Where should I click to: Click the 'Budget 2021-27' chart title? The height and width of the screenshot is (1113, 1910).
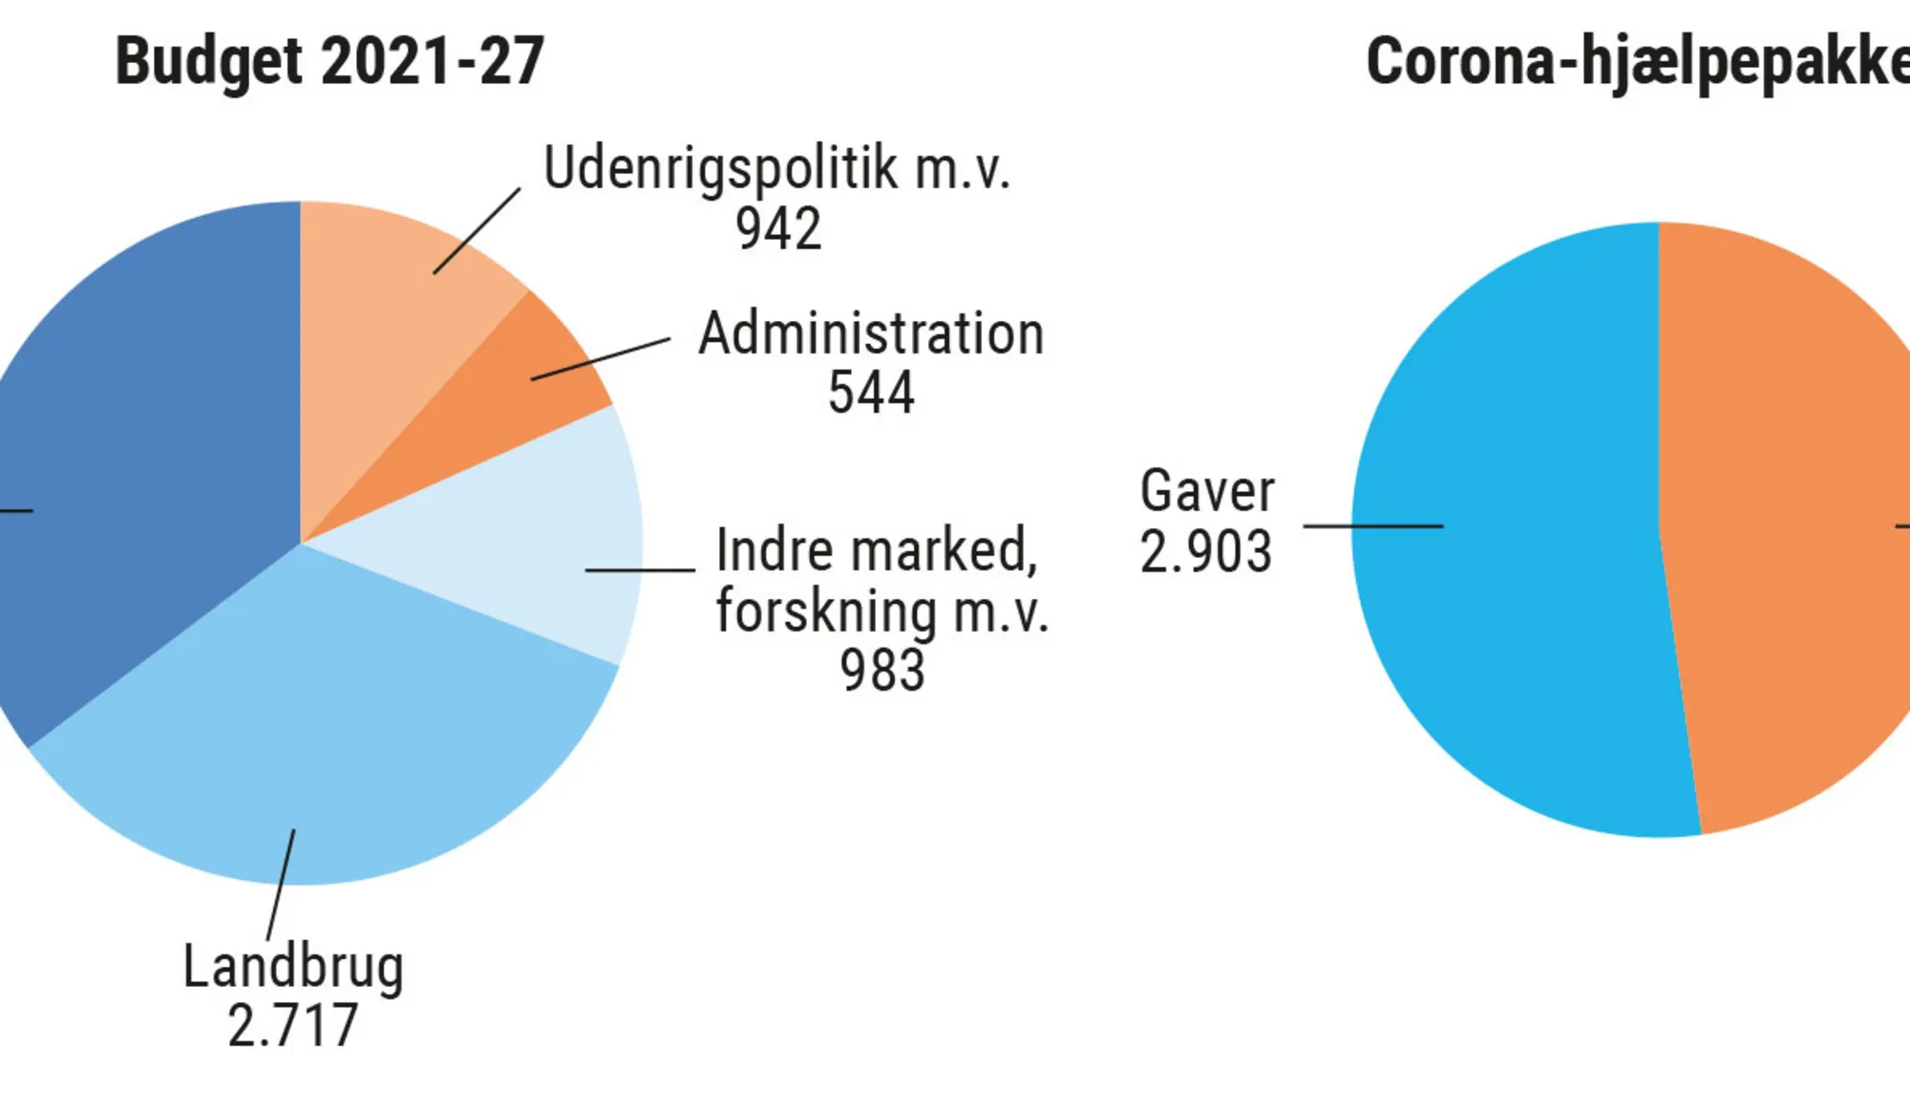329,61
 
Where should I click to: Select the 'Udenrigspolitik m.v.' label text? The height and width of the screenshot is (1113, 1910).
775,168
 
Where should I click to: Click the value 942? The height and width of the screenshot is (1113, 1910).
778,229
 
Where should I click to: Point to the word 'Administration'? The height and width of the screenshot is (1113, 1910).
871,333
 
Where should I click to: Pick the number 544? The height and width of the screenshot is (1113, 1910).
871,393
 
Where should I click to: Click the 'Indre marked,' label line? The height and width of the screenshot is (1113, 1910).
877,550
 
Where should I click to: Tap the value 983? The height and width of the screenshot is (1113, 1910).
882,670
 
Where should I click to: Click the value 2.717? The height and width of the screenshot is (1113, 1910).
293,1026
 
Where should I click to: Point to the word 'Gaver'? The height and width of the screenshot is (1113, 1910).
1207,491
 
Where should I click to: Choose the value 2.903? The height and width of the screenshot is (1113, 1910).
1206,551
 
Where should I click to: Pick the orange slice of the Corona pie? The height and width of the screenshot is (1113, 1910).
1795,525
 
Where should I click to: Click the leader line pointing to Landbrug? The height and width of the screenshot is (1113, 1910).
281,885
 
